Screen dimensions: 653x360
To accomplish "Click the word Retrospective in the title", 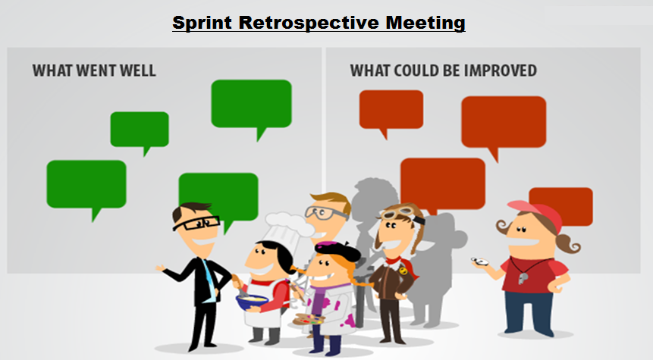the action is (309, 23).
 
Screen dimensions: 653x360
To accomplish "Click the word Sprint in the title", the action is (202, 23).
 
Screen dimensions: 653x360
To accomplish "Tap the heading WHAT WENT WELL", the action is (94, 70).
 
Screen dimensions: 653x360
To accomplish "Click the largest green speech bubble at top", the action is (252, 104).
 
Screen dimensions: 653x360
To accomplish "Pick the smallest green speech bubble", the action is (140, 130).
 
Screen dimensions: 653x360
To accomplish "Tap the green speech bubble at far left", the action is (86, 185).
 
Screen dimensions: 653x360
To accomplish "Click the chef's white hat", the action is (287, 227).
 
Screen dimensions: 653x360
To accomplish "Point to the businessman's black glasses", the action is (196, 224).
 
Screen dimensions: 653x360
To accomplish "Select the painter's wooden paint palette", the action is (309, 320).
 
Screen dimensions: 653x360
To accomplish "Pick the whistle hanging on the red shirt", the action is (523, 277).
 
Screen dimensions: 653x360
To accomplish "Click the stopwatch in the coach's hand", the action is (480, 261).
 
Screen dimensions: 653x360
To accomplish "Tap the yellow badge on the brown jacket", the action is (402, 271).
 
